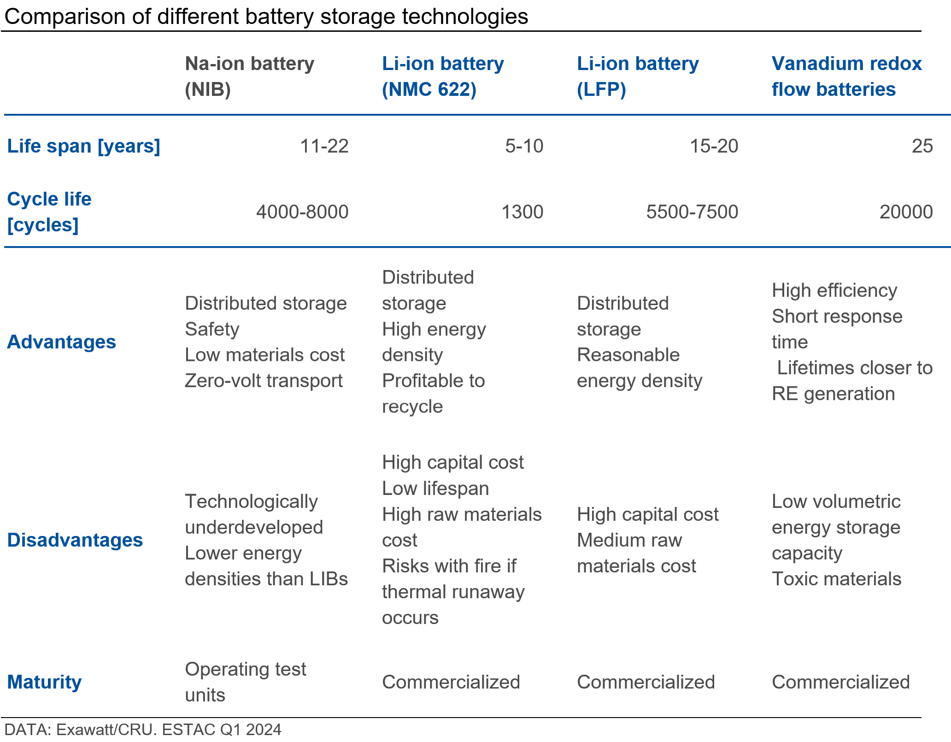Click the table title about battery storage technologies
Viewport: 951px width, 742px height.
tap(266, 17)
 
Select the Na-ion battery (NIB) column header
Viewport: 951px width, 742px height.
tap(249, 77)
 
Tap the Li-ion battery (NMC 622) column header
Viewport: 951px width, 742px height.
tap(443, 77)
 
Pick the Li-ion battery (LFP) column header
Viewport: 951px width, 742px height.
tap(637, 77)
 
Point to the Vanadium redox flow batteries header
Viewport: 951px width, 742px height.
tap(846, 77)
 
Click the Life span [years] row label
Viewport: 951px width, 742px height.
tap(83, 146)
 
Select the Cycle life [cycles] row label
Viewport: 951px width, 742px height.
tap(49, 212)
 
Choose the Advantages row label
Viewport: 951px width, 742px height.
tap(61, 342)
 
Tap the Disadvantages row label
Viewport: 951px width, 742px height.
tap(75, 540)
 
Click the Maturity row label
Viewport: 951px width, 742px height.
tap(44, 682)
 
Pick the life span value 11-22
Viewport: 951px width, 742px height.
tap(324, 146)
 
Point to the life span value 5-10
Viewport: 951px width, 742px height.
tap(524, 146)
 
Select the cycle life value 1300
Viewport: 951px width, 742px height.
tap(522, 212)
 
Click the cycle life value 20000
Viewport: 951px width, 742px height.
tap(906, 212)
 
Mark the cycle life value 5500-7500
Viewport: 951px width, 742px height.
tap(692, 212)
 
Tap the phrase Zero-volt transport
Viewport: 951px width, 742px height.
tap(264, 381)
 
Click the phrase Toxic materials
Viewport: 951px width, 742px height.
tap(836, 579)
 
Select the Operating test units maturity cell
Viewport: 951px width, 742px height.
tap(245, 682)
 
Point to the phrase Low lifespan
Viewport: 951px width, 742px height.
tap(435, 489)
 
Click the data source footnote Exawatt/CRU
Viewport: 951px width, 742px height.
tap(143, 730)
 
